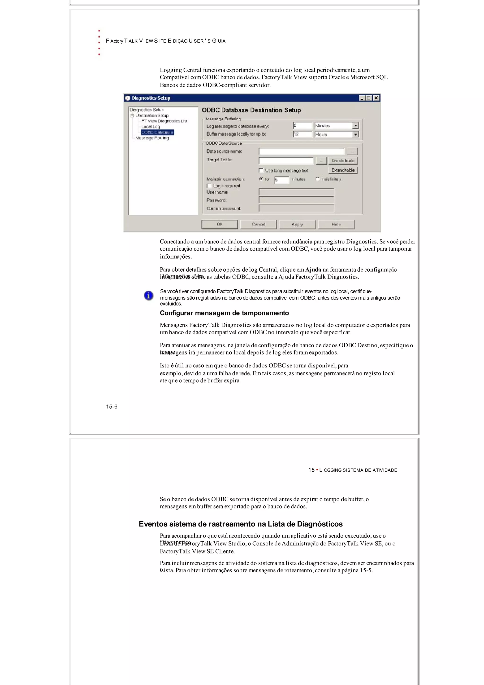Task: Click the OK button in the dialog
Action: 220,224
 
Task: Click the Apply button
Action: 297,224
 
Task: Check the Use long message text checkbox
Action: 261,171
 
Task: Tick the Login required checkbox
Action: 209,186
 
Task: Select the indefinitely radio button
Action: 317,179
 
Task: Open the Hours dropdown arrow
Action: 355,135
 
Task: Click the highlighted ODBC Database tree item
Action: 157,132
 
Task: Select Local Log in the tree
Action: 151,127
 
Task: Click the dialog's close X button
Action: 376,98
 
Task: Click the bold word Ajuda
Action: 313,270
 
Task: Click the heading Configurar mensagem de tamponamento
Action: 224,313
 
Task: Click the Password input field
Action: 296,200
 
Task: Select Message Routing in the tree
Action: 152,138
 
